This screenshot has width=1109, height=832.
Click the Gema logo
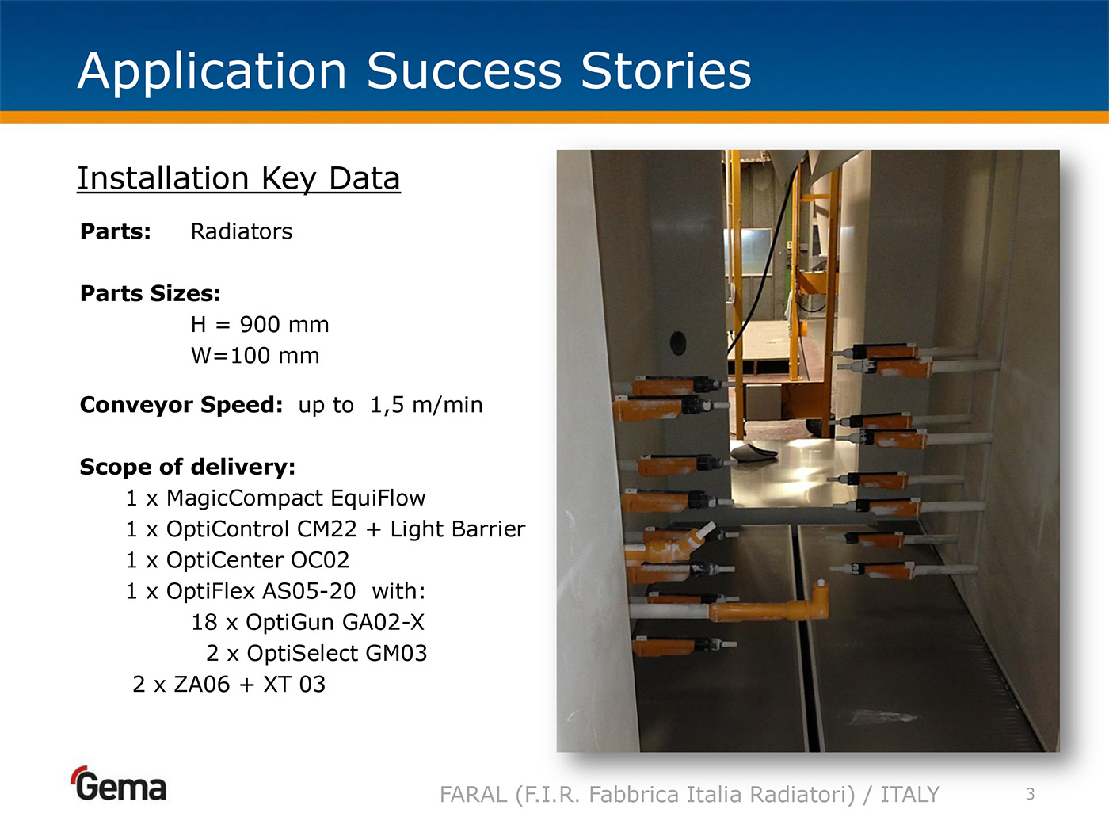click(120, 784)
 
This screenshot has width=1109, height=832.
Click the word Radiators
click(242, 231)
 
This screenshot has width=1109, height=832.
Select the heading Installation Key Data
click(238, 178)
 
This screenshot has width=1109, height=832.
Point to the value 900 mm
click(284, 324)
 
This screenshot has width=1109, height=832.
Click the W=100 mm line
click(255, 356)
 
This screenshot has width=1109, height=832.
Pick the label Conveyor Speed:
click(181, 405)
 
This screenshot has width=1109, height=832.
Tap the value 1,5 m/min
click(426, 405)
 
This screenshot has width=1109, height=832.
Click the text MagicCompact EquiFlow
click(296, 498)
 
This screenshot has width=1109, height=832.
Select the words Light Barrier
click(458, 529)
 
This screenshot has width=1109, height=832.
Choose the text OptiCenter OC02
click(257, 560)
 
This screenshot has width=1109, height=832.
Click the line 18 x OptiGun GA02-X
click(307, 622)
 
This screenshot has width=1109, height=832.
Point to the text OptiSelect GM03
click(337, 653)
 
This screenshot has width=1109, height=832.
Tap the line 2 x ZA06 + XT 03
click(229, 685)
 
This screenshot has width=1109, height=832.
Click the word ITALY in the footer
click(910, 795)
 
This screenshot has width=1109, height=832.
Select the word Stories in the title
click(666, 71)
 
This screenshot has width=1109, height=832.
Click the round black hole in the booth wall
click(677, 343)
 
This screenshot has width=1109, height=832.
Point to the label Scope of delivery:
click(188, 467)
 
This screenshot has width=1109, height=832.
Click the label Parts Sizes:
click(151, 293)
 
